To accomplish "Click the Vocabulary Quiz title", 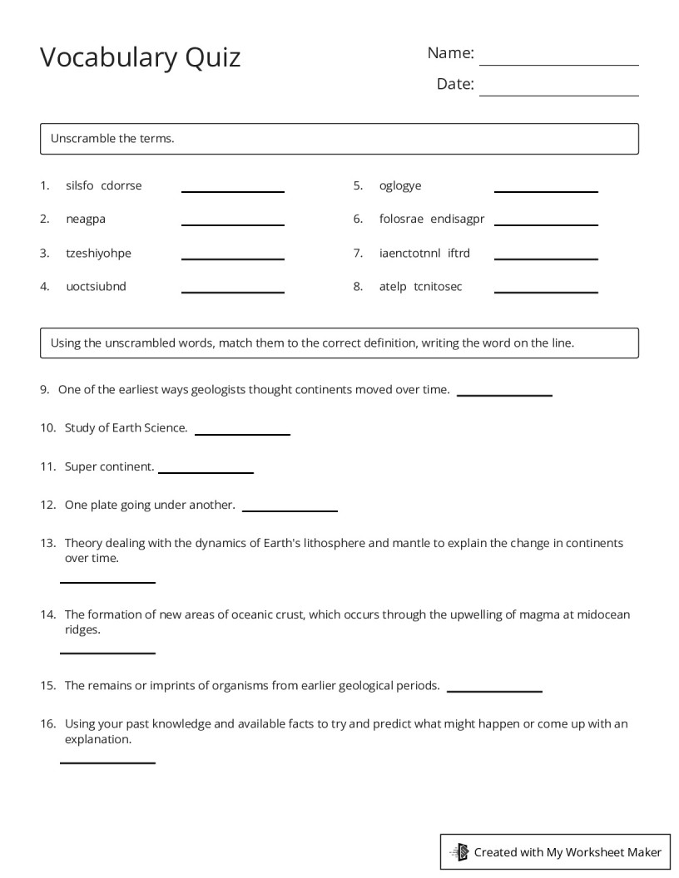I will [x=140, y=57].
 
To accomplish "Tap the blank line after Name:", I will [x=558, y=63].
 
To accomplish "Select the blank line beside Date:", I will [x=558, y=94].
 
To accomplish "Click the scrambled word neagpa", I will [x=86, y=219].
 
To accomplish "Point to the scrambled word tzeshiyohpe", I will [x=98, y=253].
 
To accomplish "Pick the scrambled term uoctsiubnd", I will [x=96, y=287].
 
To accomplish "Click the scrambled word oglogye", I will [x=400, y=185].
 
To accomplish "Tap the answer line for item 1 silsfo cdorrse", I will [x=233, y=190].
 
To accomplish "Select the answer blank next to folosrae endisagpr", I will [x=546, y=224].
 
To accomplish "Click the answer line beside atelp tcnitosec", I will [x=546, y=291].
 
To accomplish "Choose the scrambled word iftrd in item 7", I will [x=458, y=253].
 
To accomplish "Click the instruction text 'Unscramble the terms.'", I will [x=112, y=139].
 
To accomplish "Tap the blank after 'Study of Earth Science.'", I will [x=242, y=433].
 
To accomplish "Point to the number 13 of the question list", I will [x=47, y=543].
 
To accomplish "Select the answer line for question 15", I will [x=494, y=690].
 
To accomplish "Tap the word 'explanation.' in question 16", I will [x=98, y=738].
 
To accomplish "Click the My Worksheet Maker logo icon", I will [x=459, y=851].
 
